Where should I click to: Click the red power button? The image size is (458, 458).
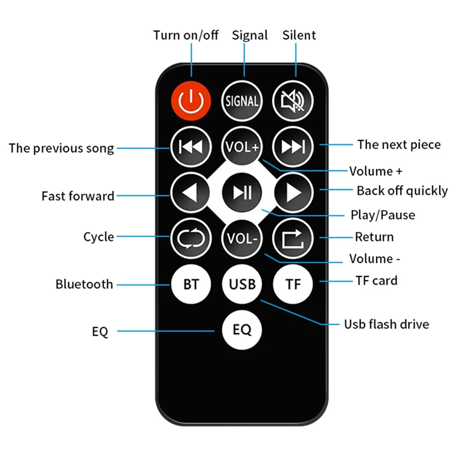click(191, 101)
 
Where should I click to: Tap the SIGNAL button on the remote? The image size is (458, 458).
click(242, 101)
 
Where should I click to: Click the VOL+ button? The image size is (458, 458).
click(242, 147)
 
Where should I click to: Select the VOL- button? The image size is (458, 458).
click(242, 237)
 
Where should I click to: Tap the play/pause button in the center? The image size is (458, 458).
click(242, 192)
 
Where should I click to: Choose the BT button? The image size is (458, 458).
click(191, 283)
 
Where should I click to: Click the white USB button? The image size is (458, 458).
click(242, 283)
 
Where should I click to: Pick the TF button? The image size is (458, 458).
click(293, 283)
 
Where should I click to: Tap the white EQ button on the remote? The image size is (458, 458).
click(242, 330)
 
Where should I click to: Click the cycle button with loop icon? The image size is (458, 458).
click(191, 237)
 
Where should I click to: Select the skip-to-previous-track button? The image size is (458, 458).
click(191, 147)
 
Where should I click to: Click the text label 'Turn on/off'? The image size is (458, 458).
click(185, 35)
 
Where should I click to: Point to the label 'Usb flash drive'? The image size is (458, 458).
click(386, 324)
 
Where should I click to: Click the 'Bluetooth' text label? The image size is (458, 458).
click(84, 284)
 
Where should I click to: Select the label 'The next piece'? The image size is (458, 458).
click(399, 144)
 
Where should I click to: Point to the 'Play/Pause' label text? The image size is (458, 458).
click(382, 215)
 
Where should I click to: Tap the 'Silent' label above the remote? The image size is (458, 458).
click(299, 35)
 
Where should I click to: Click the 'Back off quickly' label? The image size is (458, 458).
click(402, 191)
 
